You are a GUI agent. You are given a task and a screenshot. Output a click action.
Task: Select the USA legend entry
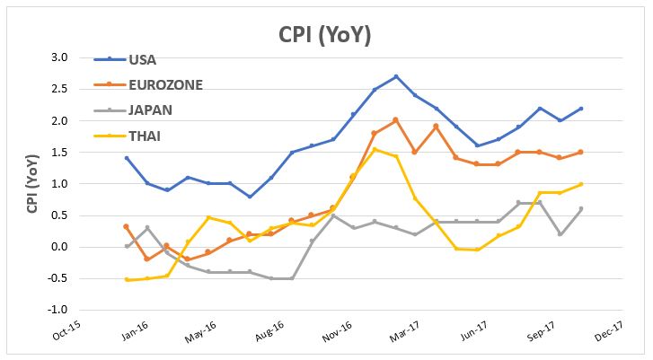143,60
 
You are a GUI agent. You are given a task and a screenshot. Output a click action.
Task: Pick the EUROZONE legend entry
166,85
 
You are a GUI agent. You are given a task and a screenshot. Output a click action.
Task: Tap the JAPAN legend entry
151,110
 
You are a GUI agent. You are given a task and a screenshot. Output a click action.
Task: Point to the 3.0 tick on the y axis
60,57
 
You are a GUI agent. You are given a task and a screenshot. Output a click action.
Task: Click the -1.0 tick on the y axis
58,310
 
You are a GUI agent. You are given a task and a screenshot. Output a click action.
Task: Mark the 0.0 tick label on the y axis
60,247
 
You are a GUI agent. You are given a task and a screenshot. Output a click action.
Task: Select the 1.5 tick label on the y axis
60,152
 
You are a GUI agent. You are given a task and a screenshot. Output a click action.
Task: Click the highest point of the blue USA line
396,76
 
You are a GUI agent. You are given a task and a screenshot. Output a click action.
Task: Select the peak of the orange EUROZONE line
396,119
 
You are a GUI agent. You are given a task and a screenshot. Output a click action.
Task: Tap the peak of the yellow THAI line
375,149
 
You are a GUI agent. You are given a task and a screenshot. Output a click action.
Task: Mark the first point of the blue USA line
126,158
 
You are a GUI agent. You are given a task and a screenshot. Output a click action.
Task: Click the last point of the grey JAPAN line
582,209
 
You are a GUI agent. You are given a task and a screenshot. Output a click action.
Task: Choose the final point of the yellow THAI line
582,184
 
